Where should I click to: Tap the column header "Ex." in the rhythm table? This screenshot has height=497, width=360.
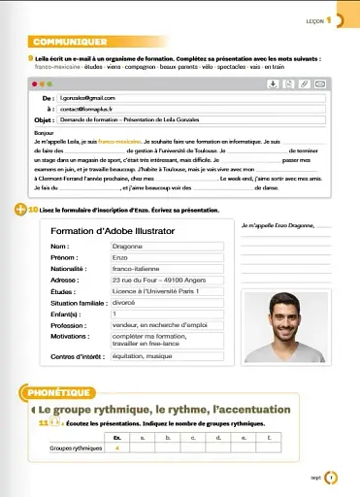(x=116, y=439)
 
